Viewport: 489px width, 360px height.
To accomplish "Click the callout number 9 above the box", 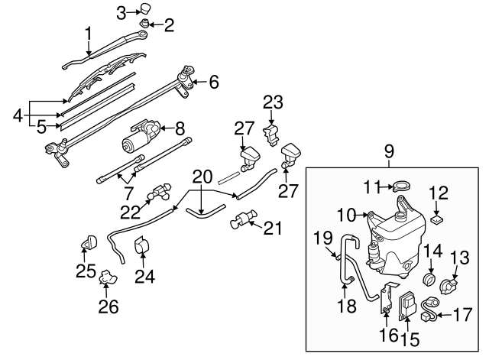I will tap(388, 152).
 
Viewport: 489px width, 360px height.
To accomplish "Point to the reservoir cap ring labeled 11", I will tap(400, 185).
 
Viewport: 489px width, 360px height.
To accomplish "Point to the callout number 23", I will tap(273, 102).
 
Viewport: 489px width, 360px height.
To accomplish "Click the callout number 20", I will tap(202, 176).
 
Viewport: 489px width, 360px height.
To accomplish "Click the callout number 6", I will tap(214, 80).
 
